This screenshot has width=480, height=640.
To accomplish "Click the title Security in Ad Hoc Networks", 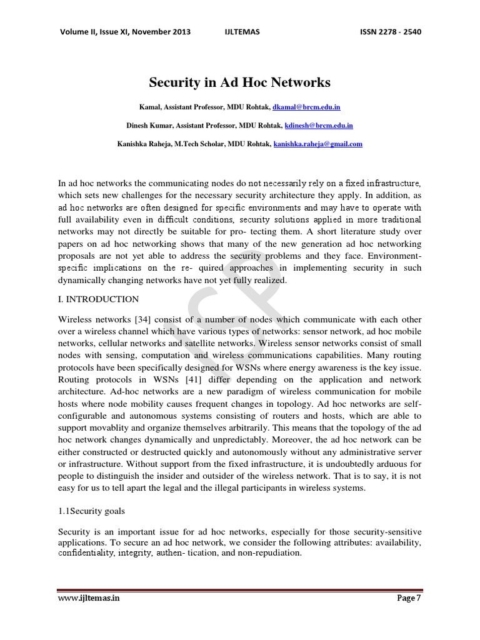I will [239, 82].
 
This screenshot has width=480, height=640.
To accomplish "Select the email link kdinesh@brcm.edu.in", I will [319, 125].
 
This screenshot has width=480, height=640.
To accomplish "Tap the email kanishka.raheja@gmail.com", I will [318, 143].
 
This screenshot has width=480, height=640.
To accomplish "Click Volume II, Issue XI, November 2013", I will [124, 32].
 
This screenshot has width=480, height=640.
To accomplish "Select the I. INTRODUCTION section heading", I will [98, 299].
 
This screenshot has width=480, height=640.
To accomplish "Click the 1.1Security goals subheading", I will [91, 511].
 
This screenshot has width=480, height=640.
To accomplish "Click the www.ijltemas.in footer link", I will [89, 598].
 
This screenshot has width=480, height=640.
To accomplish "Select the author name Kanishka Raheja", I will [144, 143].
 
